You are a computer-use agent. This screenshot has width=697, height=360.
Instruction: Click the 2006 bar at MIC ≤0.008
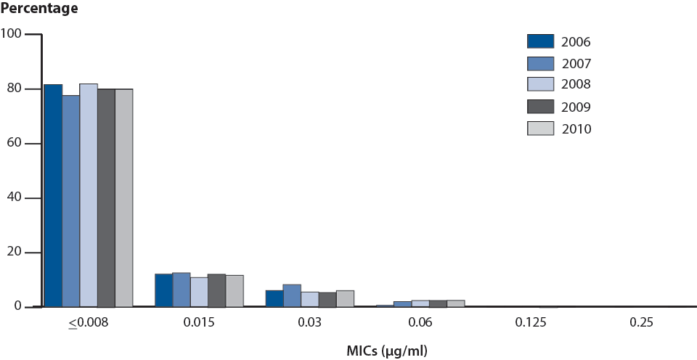(53, 196)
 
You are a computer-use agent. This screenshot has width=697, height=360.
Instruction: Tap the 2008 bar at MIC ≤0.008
(89, 195)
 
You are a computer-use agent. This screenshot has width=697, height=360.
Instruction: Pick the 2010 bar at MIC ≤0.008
(124, 198)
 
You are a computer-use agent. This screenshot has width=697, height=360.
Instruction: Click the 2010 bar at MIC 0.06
(455, 303)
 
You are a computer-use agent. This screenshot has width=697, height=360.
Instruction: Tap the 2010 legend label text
(576, 129)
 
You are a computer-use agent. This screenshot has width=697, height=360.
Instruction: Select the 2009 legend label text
(576, 107)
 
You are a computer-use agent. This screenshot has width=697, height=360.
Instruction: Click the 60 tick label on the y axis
(15, 144)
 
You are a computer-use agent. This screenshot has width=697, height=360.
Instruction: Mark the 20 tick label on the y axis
(15, 253)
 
